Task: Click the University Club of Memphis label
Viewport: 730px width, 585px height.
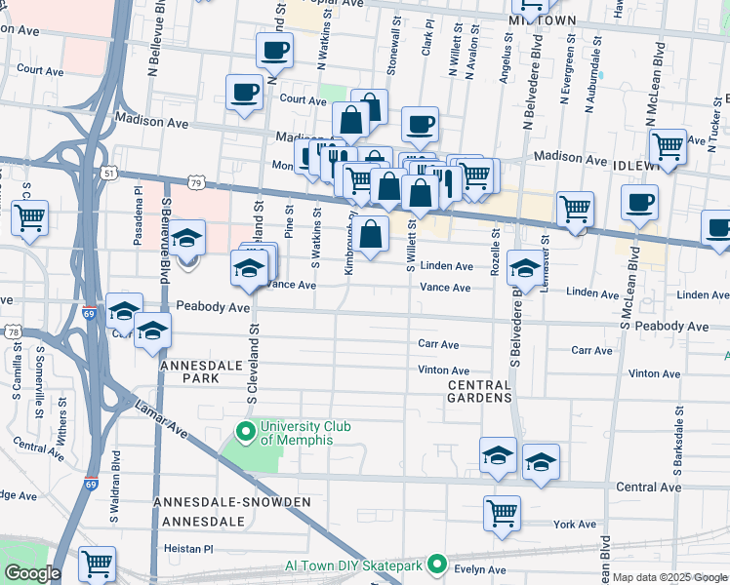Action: pyautogui.click(x=296, y=433)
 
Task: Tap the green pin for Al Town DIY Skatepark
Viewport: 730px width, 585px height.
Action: pyautogui.click(x=437, y=565)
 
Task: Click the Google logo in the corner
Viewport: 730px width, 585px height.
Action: pyautogui.click(x=31, y=573)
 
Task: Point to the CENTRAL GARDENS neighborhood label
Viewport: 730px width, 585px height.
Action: pyautogui.click(x=479, y=392)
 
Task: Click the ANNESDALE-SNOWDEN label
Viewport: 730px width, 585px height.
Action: pyautogui.click(x=232, y=502)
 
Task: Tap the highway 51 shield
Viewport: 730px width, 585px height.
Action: pyautogui.click(x=110, y=173)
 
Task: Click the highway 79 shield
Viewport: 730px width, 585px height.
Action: pyautogui.click(x=197, y=182)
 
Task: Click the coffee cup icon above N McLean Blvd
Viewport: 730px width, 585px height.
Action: pyautogui.click(x=639, y=203)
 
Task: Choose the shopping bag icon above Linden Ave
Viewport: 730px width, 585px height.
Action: pyautogui.click(x=371, y=234)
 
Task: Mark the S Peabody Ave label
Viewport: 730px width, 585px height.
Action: pyautogui.click(x=670, y=326)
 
